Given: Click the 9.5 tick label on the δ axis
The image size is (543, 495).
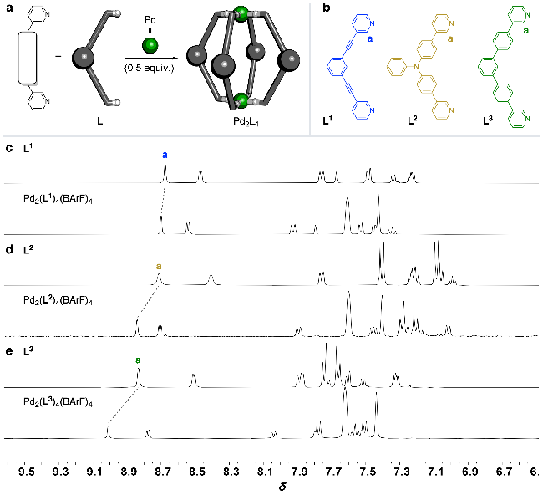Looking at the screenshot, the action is pos(27,472).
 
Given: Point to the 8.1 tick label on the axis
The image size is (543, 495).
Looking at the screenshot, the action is pos(265,472).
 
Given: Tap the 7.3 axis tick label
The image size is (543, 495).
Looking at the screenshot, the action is pos(402,472).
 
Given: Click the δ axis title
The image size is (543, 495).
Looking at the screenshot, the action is pos(282,487).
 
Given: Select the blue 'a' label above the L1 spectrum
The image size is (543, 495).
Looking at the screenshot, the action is pos(165,155).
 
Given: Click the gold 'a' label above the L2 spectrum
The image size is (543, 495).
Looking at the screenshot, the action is pos(159,266).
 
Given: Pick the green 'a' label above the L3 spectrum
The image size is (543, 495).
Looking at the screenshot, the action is pos(138,360).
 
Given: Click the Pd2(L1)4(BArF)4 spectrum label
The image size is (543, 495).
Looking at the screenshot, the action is pos(58,199).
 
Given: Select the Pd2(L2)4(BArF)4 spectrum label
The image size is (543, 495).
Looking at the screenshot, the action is pos(58,300).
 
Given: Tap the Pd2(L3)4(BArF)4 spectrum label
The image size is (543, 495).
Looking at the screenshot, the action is pos(58,401).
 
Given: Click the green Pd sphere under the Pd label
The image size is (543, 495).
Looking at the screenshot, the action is pos(150,45).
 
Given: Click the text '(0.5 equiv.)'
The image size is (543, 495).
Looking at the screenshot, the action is pos(150,68).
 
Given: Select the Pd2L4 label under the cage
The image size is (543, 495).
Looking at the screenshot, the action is pos(246,122).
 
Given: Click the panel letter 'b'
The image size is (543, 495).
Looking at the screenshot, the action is pos(326,8).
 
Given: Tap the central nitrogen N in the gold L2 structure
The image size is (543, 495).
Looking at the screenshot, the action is pos(416,66).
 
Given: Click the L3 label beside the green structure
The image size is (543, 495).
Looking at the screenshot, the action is pos(488,120).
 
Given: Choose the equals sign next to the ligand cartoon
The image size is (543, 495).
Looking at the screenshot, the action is pos(58,55).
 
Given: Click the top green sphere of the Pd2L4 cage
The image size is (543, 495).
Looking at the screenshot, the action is pos(241,13).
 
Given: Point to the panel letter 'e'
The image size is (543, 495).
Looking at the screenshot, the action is pos(9,351).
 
